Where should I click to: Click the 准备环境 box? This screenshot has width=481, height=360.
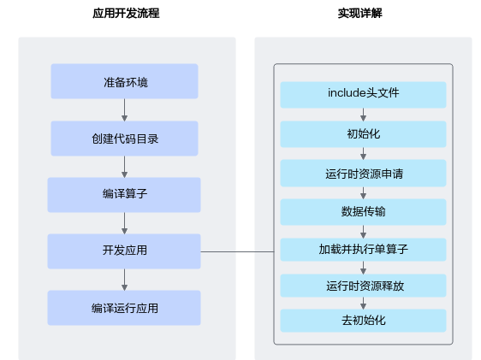pyautogui.click(x=124, y=81)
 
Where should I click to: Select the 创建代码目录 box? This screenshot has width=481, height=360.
pyautogui.click(x=124, y=139)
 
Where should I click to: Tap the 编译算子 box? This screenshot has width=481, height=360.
pyautogui.click(x=124, y=195)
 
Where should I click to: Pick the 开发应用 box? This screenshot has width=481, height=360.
pyautogui.click(x=124, y=251)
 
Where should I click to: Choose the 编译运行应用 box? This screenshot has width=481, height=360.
pyautogui.click(x=124, y=308)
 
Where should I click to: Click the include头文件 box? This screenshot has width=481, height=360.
pyautogui.click(x=363, y=95)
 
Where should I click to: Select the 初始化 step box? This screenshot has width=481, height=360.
pyautogui.click(x=363, y=134)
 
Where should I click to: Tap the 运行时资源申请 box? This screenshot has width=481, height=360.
pyautogui.click(x=363, y=173)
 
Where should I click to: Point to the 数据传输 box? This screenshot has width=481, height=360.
pyautogui.click(x=363, y=212)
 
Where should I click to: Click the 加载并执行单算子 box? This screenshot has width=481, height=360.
pyautogui.click(x=363, y=250)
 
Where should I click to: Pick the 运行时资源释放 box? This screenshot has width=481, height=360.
pyautogui.click(x=363, y=286)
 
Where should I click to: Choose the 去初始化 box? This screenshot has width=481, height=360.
pyautogui.click(x=363, y=321)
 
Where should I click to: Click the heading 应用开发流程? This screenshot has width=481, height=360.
pyautogui.click(x=126, y=13)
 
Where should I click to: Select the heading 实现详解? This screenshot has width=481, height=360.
pyautogui.click(x=360, y=13)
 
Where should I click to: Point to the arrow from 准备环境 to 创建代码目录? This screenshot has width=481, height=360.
pyautogui.click(x=124, y=110)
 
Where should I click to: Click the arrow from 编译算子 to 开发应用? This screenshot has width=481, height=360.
pyautogui.click(x=124, y=223)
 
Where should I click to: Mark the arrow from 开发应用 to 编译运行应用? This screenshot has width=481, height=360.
pyautogui.click(x=124, y=280)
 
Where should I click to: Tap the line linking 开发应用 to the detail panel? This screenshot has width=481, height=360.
pyautogui.click(x=237, y=252)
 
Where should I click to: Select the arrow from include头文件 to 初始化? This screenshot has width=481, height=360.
pyautogui.click(x=363, y=115)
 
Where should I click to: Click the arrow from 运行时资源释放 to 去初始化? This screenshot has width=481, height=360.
pyautogui.click(x=363, y=303)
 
